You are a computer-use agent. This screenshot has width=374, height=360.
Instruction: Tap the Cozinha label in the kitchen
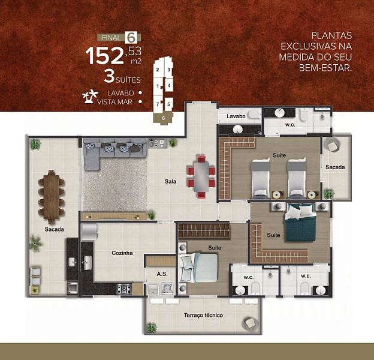click(x=122, y=253)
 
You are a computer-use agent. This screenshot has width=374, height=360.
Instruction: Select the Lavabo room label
click(x=236, y=116)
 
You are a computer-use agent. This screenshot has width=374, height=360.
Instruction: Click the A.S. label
click(x=162, y=274)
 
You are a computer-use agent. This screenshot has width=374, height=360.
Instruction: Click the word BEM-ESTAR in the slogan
click(x=324, y=68)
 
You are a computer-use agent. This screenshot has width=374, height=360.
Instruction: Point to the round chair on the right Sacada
click(x=332, y=146)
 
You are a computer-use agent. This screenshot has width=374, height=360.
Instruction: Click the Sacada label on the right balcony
click(x=335, y=167)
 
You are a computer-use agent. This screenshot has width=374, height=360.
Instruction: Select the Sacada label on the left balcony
click(x=54, y=229)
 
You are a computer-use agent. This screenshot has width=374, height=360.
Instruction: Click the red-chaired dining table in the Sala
click(x=201, y=176)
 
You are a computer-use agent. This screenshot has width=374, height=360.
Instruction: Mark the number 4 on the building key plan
click(x=170, y=85)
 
